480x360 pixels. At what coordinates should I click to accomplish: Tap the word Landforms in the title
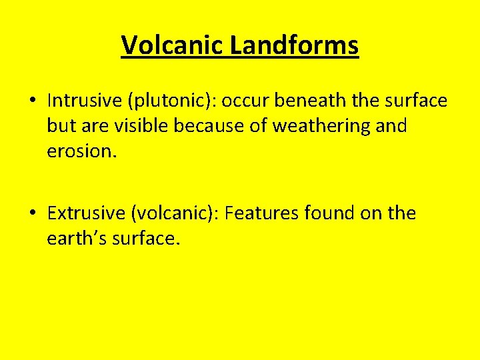[295, 46]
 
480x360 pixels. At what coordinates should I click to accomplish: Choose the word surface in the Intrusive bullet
[413, 101]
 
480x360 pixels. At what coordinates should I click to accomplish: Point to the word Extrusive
[86, 213]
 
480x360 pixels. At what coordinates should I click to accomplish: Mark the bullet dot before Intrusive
[32, 101]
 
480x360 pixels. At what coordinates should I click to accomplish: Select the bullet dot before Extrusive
[32, 214]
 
